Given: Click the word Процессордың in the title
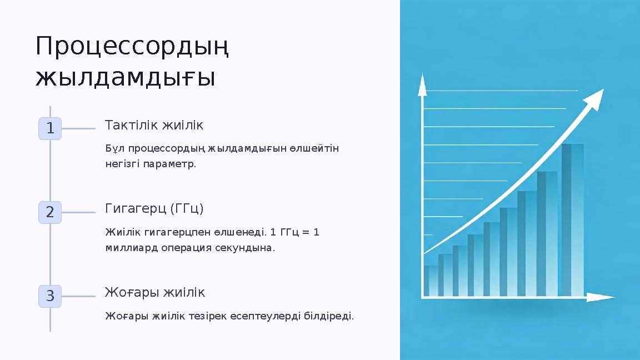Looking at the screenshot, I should (133, 47).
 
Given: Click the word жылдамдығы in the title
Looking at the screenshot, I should (125, 78).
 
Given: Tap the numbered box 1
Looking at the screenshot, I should (50, 129).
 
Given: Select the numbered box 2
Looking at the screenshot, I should (50, 212).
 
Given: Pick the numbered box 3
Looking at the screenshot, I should (50, 296).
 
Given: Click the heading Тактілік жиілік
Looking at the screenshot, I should (154, 126).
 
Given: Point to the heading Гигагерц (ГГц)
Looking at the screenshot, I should (154, 208).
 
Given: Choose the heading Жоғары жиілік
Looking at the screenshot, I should (155, 292).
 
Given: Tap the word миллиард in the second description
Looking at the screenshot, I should (132, 248).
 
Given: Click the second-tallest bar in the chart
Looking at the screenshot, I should (547, 233).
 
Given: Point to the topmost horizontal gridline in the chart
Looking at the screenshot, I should (500, 90).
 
